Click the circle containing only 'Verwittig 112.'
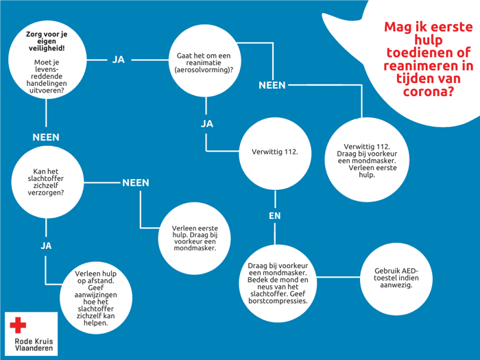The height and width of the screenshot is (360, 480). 274,152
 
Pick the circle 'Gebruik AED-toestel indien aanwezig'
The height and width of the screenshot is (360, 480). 396,278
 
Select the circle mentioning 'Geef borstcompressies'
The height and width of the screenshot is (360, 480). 278,283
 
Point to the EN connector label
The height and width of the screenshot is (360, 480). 274,216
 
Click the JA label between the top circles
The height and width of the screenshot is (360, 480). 119,60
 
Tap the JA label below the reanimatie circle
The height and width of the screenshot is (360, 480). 206,124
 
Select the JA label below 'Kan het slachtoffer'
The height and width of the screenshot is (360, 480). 46,245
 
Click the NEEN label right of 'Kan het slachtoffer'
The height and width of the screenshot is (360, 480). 136,183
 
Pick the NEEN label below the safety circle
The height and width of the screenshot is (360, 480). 46,137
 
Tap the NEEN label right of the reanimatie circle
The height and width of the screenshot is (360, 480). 272,85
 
